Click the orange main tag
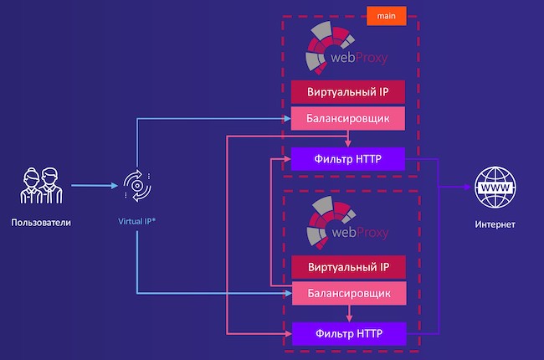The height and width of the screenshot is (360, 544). click(x=386, y=16)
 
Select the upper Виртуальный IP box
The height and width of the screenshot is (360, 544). click(x=347, y=92)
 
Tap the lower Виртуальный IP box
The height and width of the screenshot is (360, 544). click(x=349, y=267)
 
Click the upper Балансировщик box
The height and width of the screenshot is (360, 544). click(x=347, y=118)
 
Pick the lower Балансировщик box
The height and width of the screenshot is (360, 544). click(x=349, y=293)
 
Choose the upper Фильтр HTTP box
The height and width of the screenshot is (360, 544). click(x=347, y=159)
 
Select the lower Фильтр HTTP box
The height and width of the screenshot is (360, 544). click(x=349, y=333)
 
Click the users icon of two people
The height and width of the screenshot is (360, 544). click(x=41, y=185)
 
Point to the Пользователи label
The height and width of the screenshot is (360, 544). click(x=41, y=223)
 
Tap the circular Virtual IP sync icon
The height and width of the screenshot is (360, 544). click(x=137, y=186)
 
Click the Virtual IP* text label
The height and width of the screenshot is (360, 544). click(x=136, y=221)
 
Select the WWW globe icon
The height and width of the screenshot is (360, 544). click(x=495, y=188)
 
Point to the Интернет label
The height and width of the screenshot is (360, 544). click(x=495, y=224)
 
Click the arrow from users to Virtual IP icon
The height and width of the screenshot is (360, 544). click(x=95, y=185)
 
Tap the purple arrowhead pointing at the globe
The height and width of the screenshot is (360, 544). click(x=467, y=187)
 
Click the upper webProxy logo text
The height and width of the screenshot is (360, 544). click(x=359, y=57)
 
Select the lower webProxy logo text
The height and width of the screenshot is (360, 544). click(x=360, y=232)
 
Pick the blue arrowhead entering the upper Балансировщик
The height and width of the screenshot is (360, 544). click(x=287, y=119)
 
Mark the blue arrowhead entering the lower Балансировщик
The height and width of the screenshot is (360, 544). click(x=289, y=293)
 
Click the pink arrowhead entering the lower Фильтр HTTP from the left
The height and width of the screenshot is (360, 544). click(x=289, y=334)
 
